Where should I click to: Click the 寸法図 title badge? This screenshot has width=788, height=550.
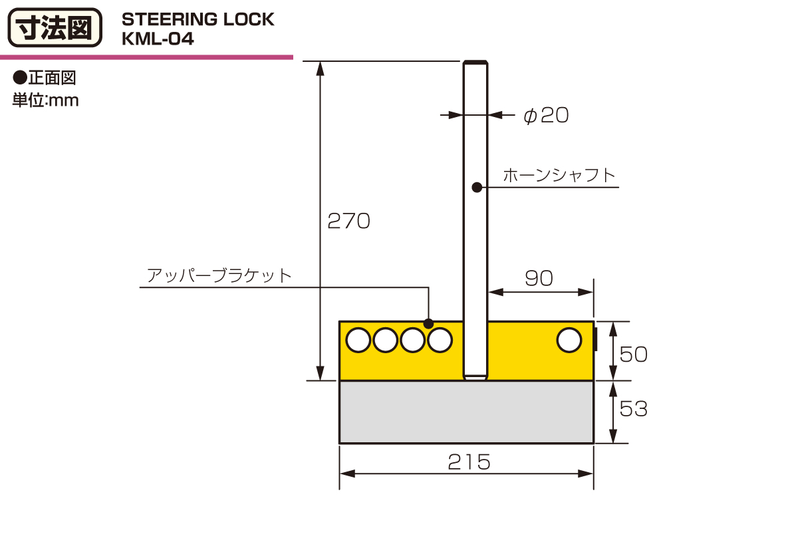(55, 28)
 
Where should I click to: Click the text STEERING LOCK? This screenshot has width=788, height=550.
(198, 19)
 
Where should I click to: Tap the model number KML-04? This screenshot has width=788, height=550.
(158, 39)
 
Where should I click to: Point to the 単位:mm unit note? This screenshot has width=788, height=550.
(46, 100)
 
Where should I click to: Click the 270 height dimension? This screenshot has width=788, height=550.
(348, 221)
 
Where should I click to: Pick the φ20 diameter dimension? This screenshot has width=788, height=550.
(546, 116)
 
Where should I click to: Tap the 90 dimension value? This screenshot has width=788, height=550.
(539, 278)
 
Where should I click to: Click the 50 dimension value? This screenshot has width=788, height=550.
(633, 354)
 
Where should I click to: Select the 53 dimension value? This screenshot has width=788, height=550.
(633, 409)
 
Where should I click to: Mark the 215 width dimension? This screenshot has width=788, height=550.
(469, 462)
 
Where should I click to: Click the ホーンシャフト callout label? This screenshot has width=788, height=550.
(559, 175)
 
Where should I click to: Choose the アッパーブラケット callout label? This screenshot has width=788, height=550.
(219, 275)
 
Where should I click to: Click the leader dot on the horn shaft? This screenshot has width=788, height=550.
(477, 188)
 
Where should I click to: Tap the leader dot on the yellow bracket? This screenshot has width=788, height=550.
(428, 324)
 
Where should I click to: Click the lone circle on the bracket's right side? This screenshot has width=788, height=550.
(569, 341)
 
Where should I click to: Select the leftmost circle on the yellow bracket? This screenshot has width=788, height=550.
(358, 341)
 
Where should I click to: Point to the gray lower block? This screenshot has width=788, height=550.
(466, 412)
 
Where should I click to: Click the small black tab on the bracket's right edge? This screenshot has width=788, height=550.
(596, 339)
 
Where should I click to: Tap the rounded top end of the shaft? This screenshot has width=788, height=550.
(475, 63)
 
